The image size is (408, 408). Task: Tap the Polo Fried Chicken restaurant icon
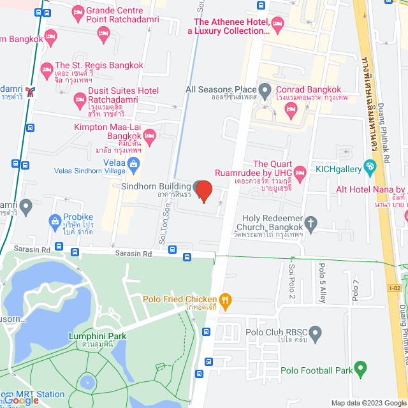pyautogui.click(x=224, y=300)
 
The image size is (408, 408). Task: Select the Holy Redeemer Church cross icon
pyautogui.click(x=310, y=223)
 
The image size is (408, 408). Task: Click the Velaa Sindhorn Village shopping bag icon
pyautogui.click(x=134, y=166)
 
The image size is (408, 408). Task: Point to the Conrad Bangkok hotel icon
pyautogui.click(x=290, y=110)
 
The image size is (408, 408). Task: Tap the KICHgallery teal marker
pyautogui.click(x=370, y=168)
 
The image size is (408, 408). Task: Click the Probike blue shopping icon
pyautogui.click(x=55, y=222)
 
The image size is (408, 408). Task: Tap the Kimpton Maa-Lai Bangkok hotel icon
pyautogui.click(x=149, y=135)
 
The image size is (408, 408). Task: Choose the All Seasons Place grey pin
pyautogui.click(x=266, y=90)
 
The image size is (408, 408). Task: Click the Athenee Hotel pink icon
pyautogui.click(x=277, y=24)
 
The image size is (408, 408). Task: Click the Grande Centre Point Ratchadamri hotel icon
pyautogui.click(x=78, y=12)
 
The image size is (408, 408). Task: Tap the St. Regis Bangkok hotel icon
pyautogui.click(x=47, y=68)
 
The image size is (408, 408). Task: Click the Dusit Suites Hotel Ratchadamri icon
pyautogui.click(x=79, y=99)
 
